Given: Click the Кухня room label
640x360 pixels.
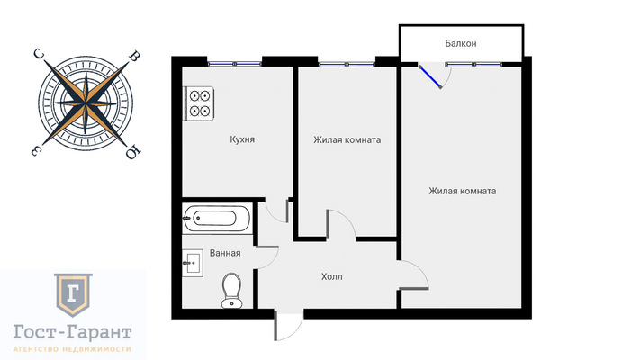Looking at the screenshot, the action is (x=242, y=139).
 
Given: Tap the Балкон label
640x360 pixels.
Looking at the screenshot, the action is (x=460, y=43).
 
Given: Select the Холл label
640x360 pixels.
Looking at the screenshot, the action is (x=332, y=276).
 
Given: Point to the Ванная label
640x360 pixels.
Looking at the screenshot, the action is (x=225, y=253).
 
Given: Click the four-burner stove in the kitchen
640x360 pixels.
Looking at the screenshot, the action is (x=199, y=103).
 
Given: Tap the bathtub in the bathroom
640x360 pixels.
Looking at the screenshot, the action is (x=216, y=219).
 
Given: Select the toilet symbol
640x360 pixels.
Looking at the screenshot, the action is (x=232, y=290).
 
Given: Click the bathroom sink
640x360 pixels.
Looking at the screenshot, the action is (x=193, y=264).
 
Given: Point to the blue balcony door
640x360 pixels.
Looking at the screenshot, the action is (x=430, y=76).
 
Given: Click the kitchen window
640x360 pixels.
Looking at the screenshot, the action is (x=234, y=64).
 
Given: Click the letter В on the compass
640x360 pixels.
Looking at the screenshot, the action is (x=134, y=57).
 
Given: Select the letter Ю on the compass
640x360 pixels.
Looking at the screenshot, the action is (x=133, y=153).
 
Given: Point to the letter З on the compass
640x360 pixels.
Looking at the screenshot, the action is (x=36, y=150).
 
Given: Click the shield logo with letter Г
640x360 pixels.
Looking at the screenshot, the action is (x=73, y=294).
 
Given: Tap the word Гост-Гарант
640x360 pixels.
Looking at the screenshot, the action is (x=73, y=332).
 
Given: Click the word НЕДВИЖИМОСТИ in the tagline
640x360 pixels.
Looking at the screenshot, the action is (x=96, y=349).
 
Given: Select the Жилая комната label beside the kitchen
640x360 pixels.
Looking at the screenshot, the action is (x=347, y=140).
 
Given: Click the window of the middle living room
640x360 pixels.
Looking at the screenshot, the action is (x=347, y=64).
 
